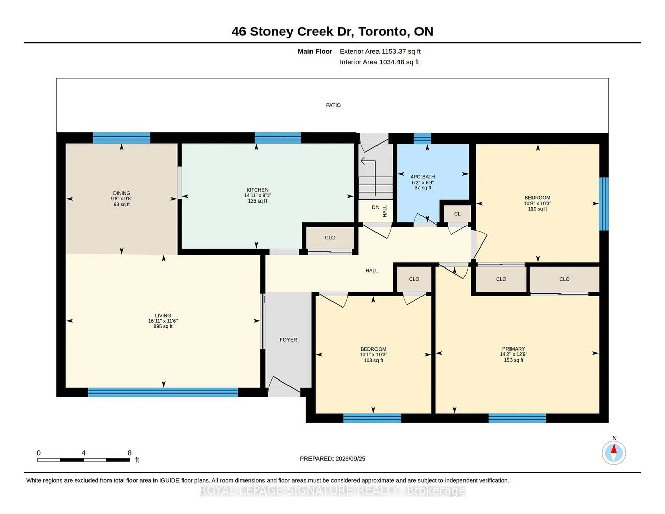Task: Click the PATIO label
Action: [333, 105]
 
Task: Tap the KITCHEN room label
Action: [257, 190]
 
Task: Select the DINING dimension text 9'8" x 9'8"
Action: [122, 199]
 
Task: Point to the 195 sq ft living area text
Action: [163, 326]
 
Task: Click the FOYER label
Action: [289, 340]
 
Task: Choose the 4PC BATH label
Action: [423, 177]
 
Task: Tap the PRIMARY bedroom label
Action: [514, 349]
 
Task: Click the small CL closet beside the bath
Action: [457, 214]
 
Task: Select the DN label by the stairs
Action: [375, 207]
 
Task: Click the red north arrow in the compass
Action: [614, 449]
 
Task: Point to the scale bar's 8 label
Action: [130, 453]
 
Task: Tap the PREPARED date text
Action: [332, 459]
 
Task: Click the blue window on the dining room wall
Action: [122, 138]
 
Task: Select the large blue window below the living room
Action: [163, 392]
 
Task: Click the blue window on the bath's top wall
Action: [423, 139]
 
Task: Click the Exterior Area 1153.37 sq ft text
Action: [380, 51]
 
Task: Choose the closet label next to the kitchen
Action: [330, 238]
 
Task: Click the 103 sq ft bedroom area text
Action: [373, 361]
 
